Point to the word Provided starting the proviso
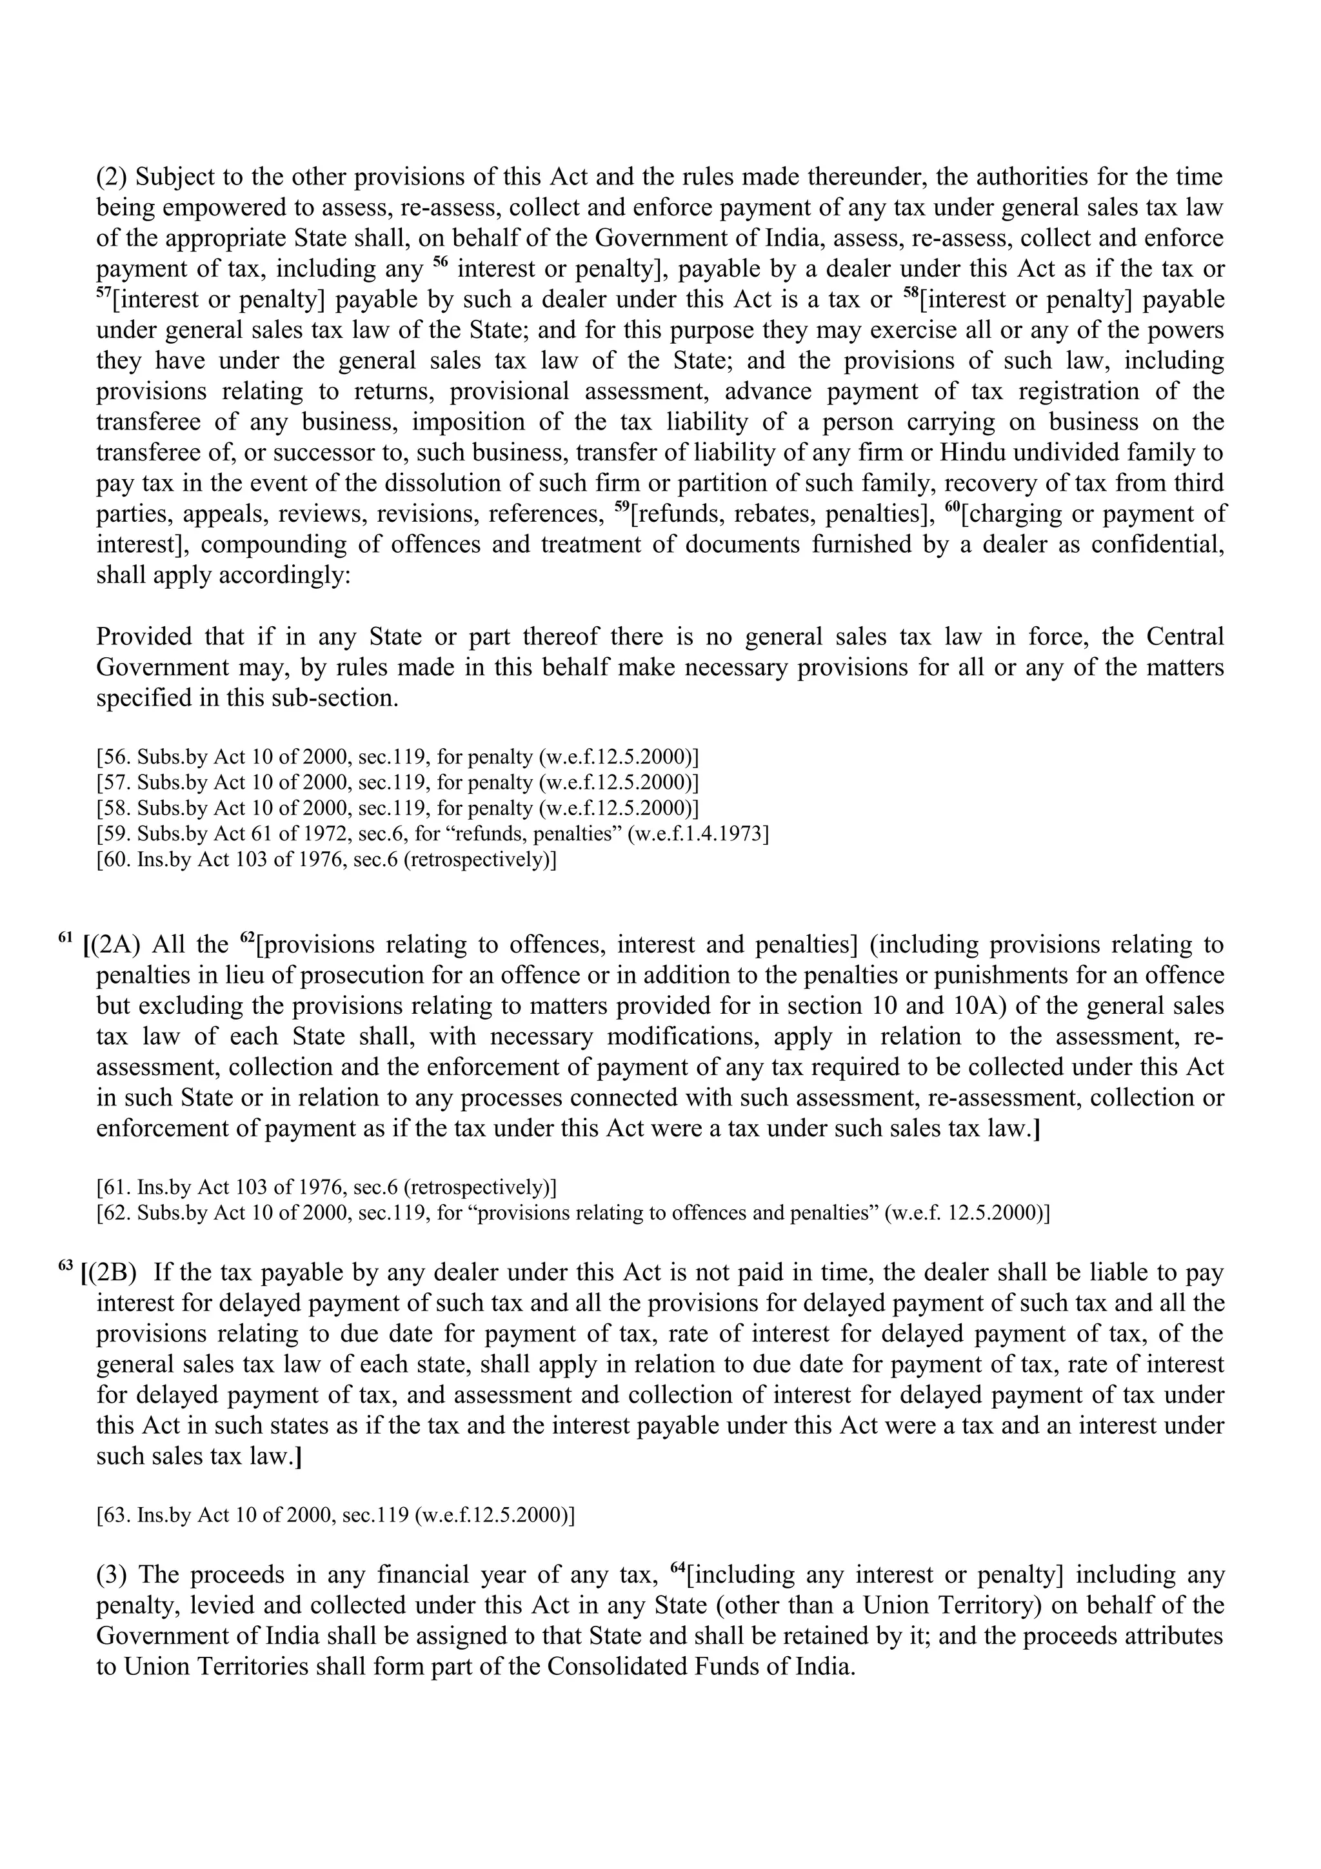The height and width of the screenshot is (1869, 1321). point(144,636)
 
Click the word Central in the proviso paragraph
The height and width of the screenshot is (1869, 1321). point(1184,636)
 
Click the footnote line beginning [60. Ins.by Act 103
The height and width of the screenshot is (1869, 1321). point(326,860)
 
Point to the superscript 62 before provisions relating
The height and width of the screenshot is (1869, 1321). point(248,937)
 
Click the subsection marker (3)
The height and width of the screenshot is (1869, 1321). point(109,1575)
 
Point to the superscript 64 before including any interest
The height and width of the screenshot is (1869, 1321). point(678,1568)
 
